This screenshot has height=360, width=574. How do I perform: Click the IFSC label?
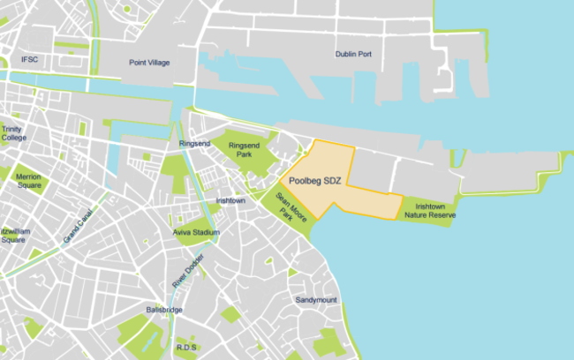coord(31,59)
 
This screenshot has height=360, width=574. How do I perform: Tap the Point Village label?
coord(149,64)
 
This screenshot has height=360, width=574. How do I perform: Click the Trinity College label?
coord(13,133)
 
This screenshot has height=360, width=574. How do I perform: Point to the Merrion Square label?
coord(28,181)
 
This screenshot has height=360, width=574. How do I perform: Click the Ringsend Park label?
coord(244,149)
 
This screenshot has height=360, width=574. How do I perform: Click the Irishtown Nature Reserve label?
coord(429,209)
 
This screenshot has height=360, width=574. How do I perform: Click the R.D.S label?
coord(186,348)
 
